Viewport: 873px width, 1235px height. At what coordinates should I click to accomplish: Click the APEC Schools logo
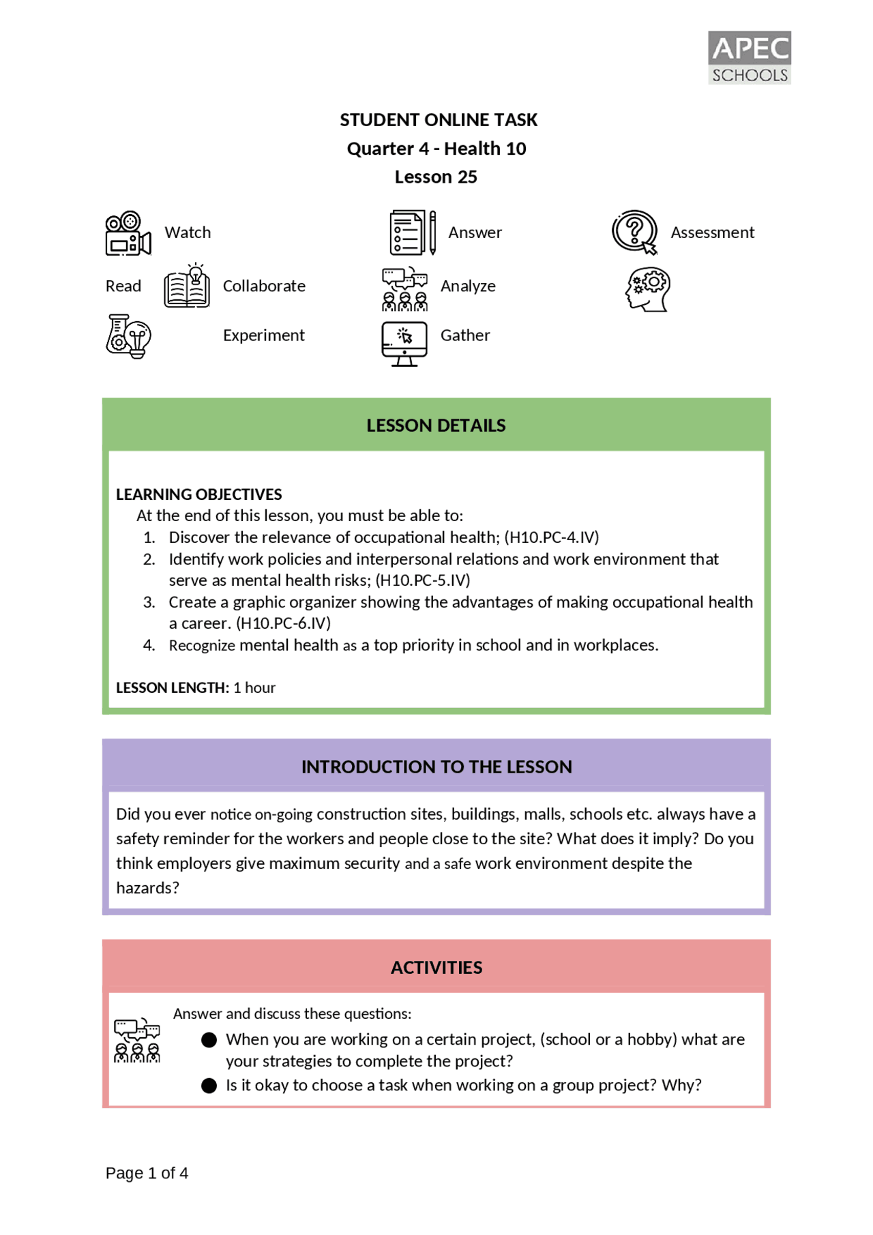pos(749,57)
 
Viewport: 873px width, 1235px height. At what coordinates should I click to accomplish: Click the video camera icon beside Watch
pos(128,233)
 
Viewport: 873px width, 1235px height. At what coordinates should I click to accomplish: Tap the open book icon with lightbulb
pos(187,286)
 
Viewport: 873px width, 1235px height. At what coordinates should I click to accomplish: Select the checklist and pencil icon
pos(412,233)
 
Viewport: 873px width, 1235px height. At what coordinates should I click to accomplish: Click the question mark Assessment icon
pos(634,233)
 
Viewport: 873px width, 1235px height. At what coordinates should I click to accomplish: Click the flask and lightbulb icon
pos(128,336)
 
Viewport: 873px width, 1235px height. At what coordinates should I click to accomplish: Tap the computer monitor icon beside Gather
pos(404,344)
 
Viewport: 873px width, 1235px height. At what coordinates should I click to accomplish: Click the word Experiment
pos(263,336)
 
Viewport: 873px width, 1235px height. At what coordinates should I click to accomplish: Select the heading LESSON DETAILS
pos(436,426)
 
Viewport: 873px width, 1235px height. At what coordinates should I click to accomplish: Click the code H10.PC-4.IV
pos(551,537)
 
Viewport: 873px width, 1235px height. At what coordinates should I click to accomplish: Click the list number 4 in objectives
pos(149,645)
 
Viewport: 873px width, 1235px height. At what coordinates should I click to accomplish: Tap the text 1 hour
pos(254,687)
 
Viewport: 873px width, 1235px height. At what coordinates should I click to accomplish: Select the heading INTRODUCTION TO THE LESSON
pos(436,767)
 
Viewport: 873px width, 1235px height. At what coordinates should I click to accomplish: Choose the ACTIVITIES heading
pos(436,967)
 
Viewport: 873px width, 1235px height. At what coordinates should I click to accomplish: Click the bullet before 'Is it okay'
pos(209,1086)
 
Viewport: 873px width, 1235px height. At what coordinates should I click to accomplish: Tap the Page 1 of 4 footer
pos(147,1173)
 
